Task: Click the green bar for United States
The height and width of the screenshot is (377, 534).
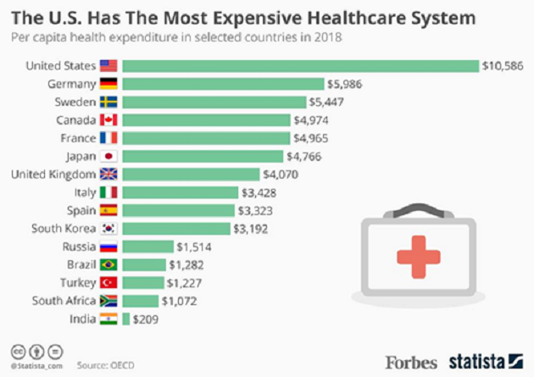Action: click(x=301, y=65)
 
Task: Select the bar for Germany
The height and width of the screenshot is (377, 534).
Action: click(x=224, y=83)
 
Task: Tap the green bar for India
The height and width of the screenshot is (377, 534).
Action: click(x=126, y=319)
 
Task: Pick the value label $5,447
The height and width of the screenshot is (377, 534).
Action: click(x=329, y=102)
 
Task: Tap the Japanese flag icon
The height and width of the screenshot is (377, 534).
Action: click(x=108, y=156)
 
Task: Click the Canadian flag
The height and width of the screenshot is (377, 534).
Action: click(x=108, y=119)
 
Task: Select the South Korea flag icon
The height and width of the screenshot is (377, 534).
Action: click(x=108, y=229)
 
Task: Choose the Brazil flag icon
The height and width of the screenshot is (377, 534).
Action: click(x=108, y=265)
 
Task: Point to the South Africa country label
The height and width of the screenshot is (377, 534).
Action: click(x=61, y=301)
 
